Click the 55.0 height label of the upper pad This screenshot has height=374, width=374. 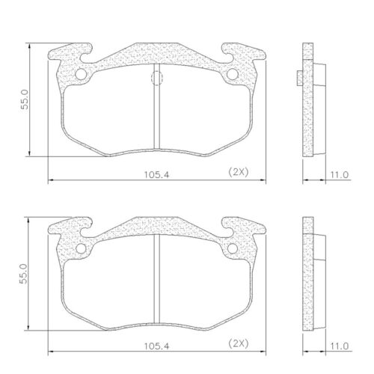(25, 100)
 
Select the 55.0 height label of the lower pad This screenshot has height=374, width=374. (25, 273)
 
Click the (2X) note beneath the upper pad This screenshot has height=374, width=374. (238, 172)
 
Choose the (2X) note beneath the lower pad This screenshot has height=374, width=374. (238, 344)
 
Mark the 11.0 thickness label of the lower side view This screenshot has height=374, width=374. (340, 346)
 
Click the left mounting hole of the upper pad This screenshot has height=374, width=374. (82, 75)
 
